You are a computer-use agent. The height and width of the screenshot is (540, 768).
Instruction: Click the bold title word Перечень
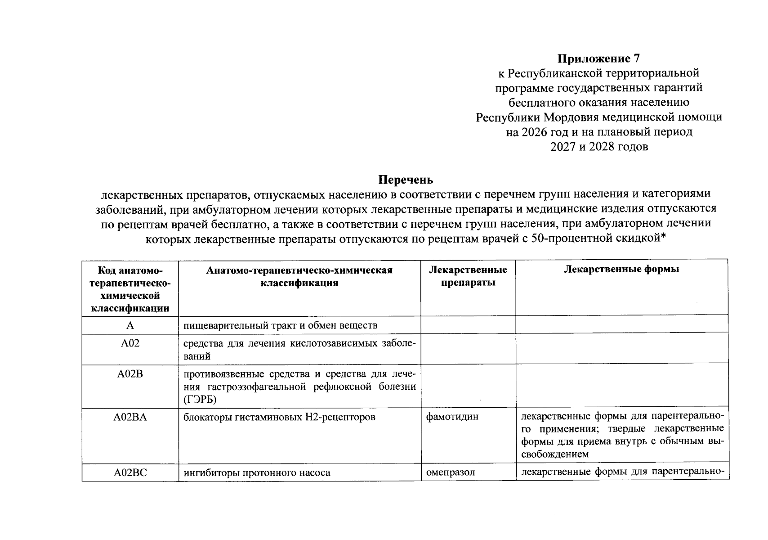click(405, 180)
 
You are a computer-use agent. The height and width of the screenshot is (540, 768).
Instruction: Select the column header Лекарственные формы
click(621, 269)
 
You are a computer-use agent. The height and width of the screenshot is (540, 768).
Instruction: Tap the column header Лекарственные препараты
click(468, 276)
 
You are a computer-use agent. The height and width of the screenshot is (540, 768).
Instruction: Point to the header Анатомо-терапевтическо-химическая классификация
click(299, 276)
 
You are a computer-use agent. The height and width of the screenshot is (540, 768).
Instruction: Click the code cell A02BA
click(130, 417)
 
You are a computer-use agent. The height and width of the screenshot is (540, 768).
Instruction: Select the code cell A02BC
click(130, 472)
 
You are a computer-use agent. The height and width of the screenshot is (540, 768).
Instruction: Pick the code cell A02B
click(130, 373)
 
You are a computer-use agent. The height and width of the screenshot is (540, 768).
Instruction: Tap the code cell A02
click(130, 343)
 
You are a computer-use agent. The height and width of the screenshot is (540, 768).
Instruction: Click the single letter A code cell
click(130, 325)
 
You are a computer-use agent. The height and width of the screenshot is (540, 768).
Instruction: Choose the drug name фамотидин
click(452, 417)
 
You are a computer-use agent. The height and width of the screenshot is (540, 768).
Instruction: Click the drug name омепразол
click(451, 472)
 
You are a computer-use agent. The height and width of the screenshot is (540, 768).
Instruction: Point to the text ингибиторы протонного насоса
click(257, 472)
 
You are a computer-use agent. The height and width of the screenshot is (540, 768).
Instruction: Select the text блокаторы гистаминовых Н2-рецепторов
click(279, 417)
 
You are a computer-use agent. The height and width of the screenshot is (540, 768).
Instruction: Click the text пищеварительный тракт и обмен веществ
click(277, 325)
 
